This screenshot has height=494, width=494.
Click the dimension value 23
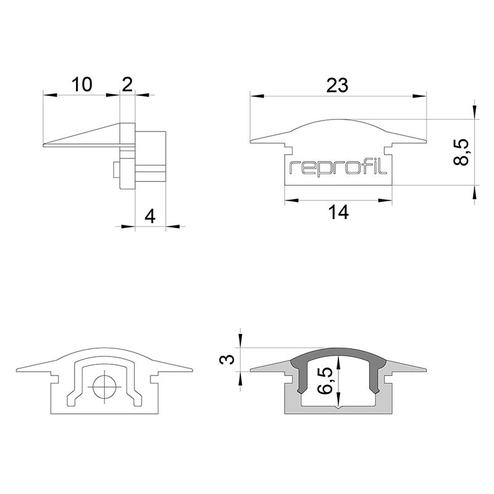[x=338, y=85]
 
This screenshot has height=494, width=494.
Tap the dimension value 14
[x=338, y=212]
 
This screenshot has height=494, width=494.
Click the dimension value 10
[x=81, y=84]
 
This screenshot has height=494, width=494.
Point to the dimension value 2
[x=127, y=84]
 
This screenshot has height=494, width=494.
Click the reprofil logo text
[x=338, y=167]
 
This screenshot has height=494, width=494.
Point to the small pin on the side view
[x=117, y=172]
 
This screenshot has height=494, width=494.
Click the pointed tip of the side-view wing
[x=44, y=146]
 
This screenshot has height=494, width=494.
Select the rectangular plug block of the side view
[x=151, y=157]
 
